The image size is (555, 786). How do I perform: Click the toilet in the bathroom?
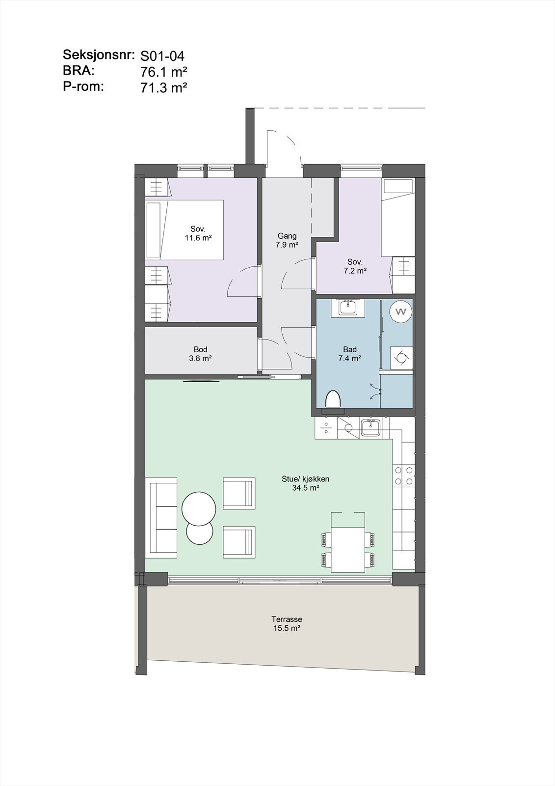(x=333, y=398)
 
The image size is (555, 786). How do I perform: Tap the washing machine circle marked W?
(x=401, y=311)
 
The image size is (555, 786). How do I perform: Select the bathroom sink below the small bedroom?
(x=349, y=308)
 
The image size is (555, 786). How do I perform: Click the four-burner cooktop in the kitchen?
(x=403, y=475)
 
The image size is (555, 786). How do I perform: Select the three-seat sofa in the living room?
(x=163, y=518)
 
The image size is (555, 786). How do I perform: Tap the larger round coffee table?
(x=198, y=508)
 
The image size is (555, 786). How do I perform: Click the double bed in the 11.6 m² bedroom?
(x=185, y=229)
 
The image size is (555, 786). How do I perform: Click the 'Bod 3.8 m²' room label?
(x=200, y=354)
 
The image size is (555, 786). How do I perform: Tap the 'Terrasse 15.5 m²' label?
(x=287, y=624)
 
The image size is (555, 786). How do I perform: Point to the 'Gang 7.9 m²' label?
(x=287, y=240)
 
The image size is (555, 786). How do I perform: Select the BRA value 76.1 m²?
(x=164, y=72)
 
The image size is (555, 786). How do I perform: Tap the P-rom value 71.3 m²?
(x=164, y=88)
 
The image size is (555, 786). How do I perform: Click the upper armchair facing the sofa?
(x=239, y=493)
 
